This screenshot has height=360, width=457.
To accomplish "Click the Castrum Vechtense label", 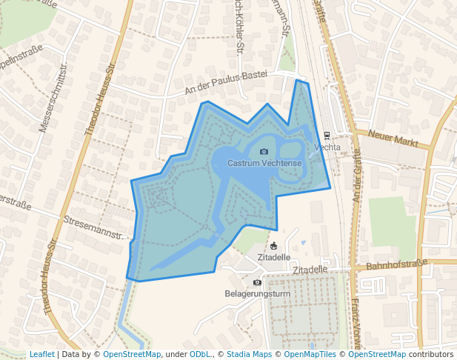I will [264, 163].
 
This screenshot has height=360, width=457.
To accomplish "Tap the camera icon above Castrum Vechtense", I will [264, 152].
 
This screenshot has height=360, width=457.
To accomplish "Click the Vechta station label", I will [327, 147].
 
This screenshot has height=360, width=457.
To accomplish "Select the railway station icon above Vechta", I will [327, 136].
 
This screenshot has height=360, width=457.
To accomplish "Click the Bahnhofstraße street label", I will [398, 264].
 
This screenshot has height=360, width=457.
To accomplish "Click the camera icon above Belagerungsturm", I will [257, 282].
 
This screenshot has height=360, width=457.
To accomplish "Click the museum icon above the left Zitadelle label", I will [273, 246].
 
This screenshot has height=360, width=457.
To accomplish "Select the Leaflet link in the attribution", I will [41, 354].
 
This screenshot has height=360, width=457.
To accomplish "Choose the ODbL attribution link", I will [201, 354].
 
